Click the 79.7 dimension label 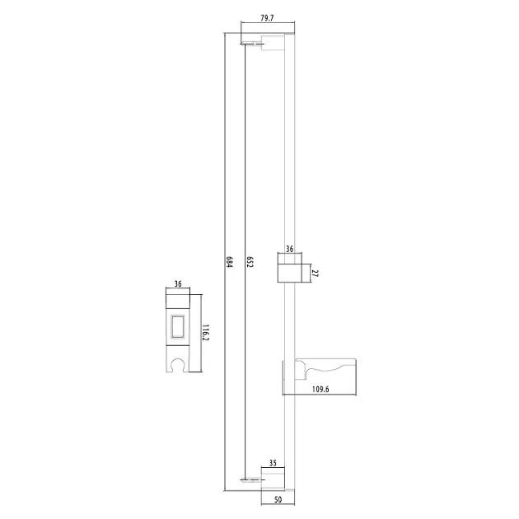267,18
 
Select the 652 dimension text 250,261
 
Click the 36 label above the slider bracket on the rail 290,249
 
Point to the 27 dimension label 315,274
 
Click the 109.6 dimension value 320,389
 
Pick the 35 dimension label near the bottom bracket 273,463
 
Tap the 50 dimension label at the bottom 278,500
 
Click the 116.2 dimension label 206,333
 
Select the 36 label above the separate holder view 178,284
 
